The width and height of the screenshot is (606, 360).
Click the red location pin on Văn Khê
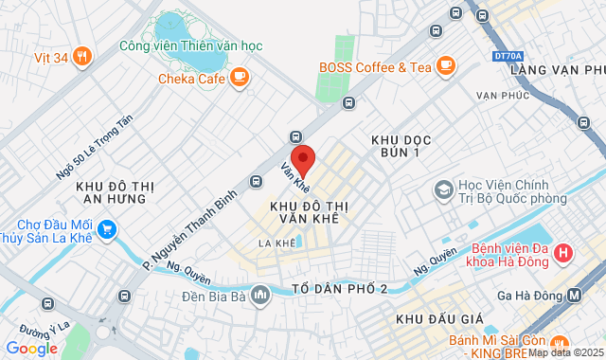(302, 158)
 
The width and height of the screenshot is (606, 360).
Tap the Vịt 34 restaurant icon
(82, 57)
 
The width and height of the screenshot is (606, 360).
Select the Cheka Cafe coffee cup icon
(240, 77)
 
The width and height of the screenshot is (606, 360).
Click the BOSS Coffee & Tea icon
(446, 65)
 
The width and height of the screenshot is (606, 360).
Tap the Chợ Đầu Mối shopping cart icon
(107, 228)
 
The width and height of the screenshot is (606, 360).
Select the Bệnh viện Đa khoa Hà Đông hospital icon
(564, 253)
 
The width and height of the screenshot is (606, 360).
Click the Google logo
(31, 348)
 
